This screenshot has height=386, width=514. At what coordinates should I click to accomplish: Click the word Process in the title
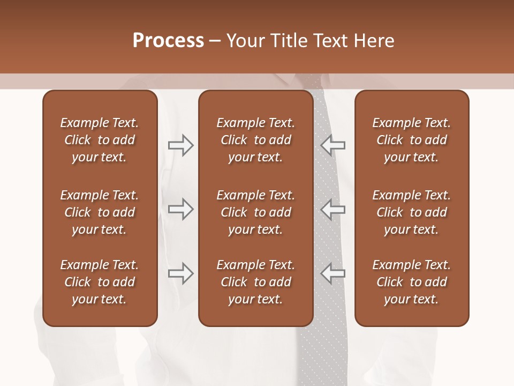[168, 41]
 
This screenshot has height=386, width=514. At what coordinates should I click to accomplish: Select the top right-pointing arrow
[180, 145]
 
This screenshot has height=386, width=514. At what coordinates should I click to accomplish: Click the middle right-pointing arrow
[180, 209]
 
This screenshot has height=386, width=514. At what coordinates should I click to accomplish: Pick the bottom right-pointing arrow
[180, 273]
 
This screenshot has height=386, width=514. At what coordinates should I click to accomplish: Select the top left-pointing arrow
[333, 145]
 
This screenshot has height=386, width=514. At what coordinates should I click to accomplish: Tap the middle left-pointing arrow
[333, 209]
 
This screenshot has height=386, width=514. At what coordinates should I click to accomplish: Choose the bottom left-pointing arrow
[333, 273]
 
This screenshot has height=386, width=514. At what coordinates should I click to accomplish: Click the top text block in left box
[100, 140]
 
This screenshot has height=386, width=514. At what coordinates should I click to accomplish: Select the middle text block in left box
[100, 212]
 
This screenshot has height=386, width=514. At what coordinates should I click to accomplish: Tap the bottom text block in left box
[100, 282]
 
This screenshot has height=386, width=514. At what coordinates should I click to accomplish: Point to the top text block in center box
[256, 140]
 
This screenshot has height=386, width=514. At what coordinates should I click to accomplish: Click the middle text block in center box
[256, 212]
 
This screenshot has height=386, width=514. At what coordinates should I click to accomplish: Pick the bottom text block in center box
[256, 282]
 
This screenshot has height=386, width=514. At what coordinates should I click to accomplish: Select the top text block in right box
[412, 140]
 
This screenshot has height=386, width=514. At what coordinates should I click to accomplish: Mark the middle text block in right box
[412, 212]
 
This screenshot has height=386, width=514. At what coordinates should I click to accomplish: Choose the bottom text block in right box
[412, 282]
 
